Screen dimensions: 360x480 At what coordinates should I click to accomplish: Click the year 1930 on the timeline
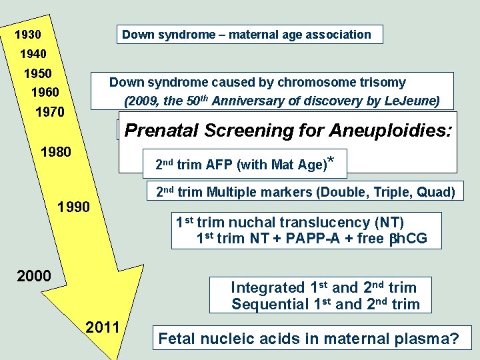(28, 34)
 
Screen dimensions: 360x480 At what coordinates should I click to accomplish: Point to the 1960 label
(45, 91)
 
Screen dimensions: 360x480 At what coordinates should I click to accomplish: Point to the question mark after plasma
(454, 339)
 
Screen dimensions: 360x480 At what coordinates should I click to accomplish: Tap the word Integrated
(267, 288)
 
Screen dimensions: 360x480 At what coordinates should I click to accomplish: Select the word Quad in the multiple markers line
(438, 193)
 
